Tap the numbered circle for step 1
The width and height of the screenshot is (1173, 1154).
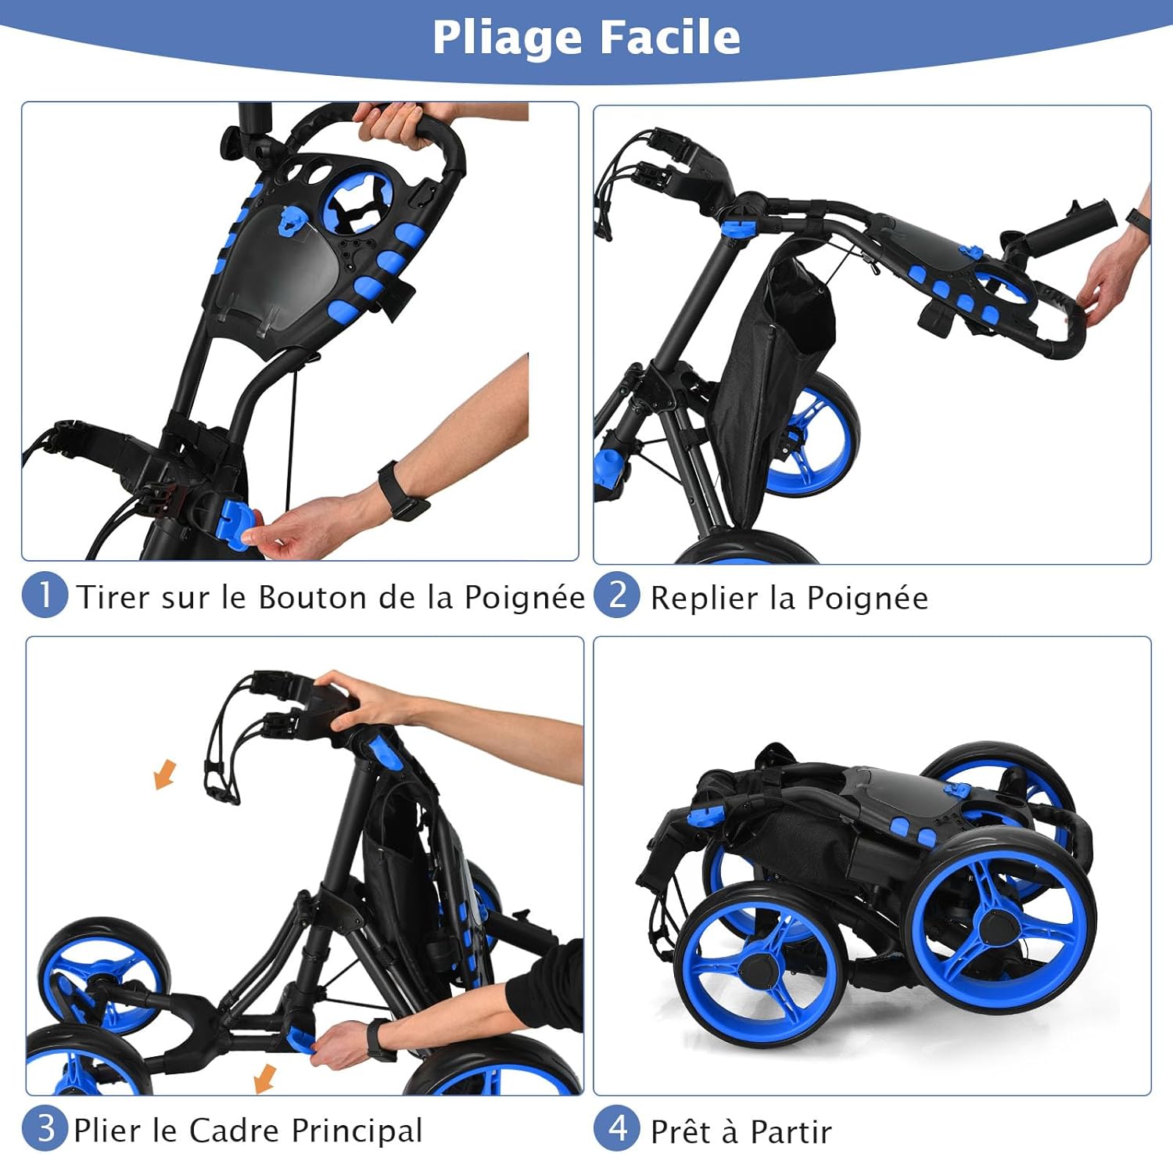(x=45, y=595)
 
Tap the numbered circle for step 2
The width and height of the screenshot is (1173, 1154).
(x=617, y=595)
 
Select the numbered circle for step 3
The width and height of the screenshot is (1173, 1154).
(x=45, y=1128)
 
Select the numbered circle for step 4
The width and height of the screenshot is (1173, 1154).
(x=617, y=1128)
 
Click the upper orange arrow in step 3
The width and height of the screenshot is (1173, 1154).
(x=165, y=775)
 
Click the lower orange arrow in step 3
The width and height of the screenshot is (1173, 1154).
(x=266, y=1078)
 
